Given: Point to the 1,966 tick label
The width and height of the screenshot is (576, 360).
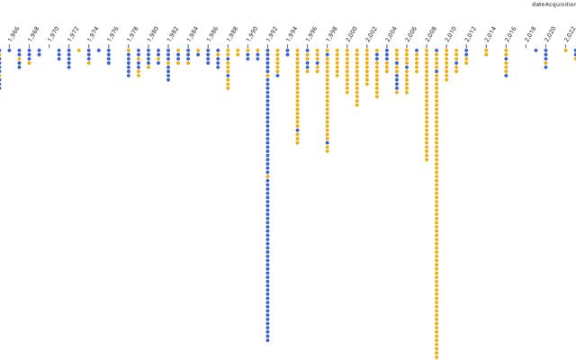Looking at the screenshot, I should pos(13,34).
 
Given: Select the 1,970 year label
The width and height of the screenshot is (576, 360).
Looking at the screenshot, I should pos(54,34).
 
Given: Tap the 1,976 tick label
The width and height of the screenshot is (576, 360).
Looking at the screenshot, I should pos(113,34).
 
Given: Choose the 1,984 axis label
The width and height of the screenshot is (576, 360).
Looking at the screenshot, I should pos(193,34).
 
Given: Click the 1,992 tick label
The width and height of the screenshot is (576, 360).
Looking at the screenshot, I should pos(272,34).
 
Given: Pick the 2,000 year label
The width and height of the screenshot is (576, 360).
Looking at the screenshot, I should pos(352,34).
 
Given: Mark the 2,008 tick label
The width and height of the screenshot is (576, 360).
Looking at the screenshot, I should pos(431,34).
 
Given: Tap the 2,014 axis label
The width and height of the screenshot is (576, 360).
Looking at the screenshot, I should pos(490,34).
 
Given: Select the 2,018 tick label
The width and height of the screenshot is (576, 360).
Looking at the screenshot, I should pos(530,34).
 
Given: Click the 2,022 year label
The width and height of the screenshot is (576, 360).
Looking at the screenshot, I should pos(570,34).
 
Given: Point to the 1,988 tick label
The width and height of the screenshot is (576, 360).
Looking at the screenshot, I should pos(232,34).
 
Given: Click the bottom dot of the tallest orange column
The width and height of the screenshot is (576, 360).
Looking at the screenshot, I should pos(436,356).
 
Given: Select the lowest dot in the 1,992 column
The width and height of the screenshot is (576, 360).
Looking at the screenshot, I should pos(267,340).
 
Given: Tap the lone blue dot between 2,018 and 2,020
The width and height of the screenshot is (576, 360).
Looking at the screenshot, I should pos(535,50).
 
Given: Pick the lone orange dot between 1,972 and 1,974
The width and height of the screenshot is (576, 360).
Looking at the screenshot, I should pos(79,50).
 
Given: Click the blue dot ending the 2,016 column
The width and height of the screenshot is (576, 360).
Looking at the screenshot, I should pos(506,75).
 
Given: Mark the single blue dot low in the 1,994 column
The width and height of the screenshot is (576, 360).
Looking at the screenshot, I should pos(297,130).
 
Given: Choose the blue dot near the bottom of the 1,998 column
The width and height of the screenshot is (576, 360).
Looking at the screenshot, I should pos(327,142).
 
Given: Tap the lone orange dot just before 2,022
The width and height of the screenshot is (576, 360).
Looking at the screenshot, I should pos(565,50).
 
